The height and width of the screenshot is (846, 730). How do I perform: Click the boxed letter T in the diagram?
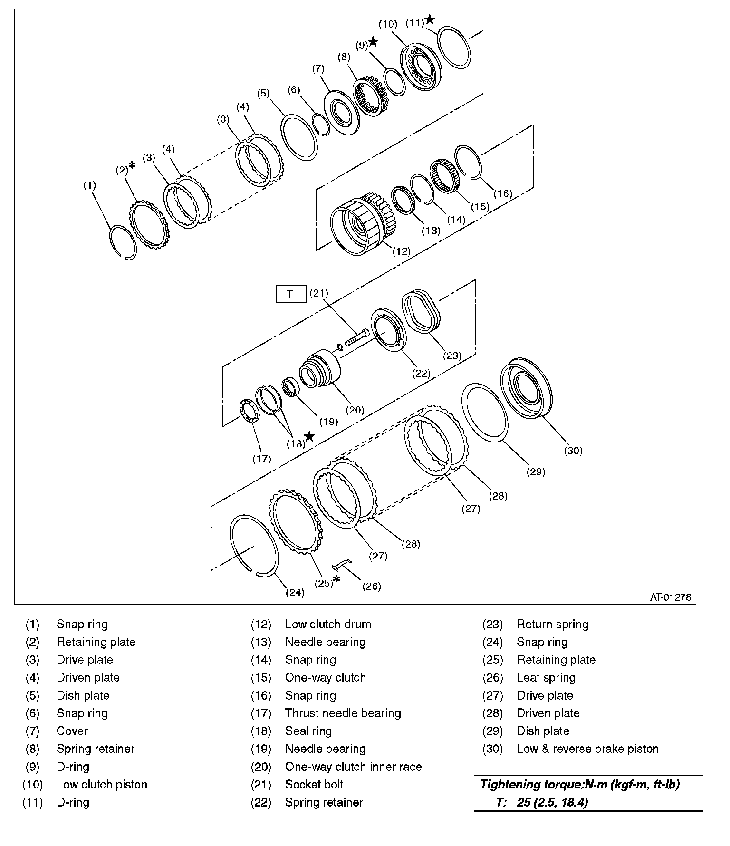[x=290, y=294]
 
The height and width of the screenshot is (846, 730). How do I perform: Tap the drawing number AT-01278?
[x=671, y=597]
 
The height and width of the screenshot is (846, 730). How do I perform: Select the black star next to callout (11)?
[x=430, y=19]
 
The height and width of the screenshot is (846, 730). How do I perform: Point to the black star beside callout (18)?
[x=309, y=436]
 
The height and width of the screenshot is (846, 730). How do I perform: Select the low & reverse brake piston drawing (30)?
[x=528, y=387]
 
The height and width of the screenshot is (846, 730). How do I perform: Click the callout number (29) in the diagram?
[x=536, y=471]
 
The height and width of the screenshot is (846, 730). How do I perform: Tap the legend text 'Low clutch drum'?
[x=328, y=624]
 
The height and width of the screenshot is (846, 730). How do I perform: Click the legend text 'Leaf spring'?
[x=546, y=677]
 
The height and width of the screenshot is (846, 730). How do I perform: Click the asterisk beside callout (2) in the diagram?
[x=132, y=165]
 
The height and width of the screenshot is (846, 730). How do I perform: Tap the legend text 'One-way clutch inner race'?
[x=353, y=767]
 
